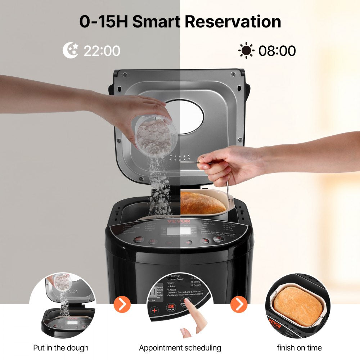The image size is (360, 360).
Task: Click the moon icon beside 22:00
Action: click(71, 50)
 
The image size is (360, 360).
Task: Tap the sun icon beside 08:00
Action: click(246, 50)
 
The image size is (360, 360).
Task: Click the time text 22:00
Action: click(102, 51)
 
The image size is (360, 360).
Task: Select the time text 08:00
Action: click(277, 51)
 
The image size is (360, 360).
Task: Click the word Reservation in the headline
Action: click(231, 22)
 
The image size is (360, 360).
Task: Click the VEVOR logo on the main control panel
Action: click(179, 221)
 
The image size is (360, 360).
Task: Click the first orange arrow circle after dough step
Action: click(122, 305)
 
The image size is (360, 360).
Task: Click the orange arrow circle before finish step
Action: click(239, 305)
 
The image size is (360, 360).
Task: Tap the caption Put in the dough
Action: click(60, 348)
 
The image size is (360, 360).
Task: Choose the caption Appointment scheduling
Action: click(180, 348)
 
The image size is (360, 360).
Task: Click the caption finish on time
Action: click(299, 348)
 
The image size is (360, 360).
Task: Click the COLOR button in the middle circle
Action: click(170, 308)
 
